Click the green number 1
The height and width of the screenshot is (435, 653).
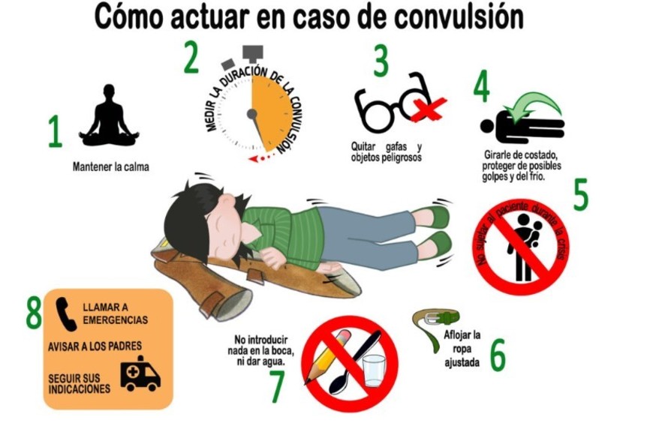[x=55, y=131]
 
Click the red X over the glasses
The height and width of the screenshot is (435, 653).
[x=429, y=109]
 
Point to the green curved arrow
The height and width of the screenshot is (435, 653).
[x=535, y=103]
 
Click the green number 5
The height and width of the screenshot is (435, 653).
[x=580, y=194]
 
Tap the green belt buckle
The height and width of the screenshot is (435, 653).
[x=447, y=319]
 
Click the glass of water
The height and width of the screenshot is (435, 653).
[x=375, y=370]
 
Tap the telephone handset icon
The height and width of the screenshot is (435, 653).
[x=66, y=313]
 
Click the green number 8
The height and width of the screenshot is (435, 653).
[x=34, y=313]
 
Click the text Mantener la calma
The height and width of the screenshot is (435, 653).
[x=111, y=167]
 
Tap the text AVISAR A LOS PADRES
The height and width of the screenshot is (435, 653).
[x=95, y=346]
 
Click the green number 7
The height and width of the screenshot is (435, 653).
[x=278, y=386]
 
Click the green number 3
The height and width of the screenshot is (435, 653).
[x=381, y=61]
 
